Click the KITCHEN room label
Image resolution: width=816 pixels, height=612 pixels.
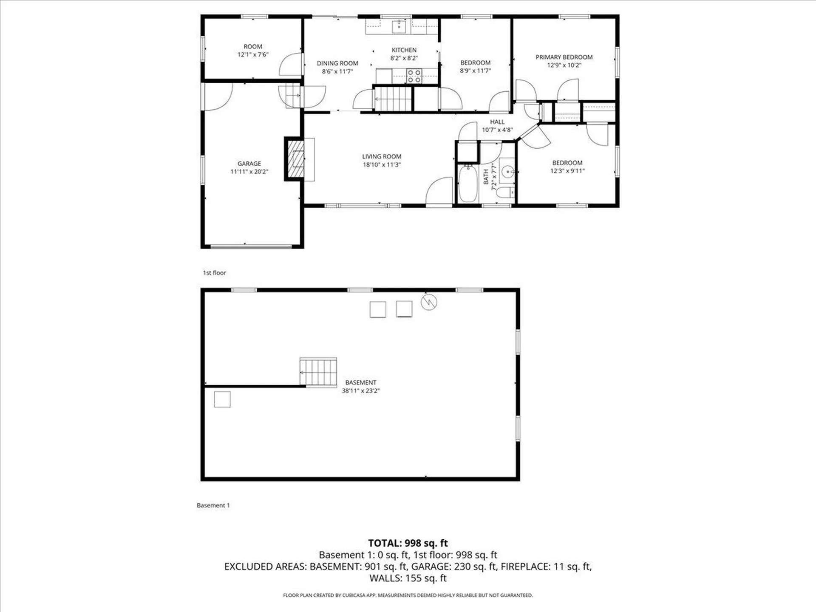point(404,50)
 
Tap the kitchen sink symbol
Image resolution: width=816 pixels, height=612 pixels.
point(399,26)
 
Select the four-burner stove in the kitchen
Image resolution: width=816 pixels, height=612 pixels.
point(414,76)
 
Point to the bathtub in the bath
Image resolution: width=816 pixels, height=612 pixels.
point(468,184)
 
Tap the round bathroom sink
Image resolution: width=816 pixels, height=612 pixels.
point(507,172)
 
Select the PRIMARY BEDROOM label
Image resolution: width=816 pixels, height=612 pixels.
point(564,57)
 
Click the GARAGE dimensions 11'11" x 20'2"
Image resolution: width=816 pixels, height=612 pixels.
point(249,172)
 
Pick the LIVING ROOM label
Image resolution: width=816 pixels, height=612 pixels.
point(382,156)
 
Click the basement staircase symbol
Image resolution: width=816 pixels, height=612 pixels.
point(318,372)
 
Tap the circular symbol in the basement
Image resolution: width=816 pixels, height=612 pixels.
point(429,302)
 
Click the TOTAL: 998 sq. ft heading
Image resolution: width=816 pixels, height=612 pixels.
point(408,543)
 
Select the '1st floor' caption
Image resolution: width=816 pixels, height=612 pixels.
point(214,273)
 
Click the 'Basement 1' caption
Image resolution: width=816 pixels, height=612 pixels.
point(213,505)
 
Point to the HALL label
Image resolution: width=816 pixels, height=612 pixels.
point(497,122)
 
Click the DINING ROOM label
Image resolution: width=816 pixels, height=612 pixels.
point(337,63)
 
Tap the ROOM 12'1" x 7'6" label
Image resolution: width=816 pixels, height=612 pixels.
point(253,51)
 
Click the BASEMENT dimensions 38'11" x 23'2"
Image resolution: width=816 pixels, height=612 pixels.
point(361,391)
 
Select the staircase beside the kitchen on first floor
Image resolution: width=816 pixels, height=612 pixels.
point(393,99)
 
